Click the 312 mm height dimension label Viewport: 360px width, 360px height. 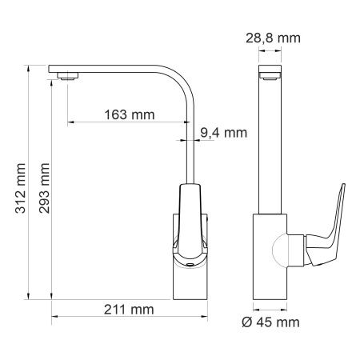[x=21, y=188]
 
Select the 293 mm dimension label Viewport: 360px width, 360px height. [x=44, y=188]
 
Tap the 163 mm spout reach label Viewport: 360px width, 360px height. [x=130, y=114]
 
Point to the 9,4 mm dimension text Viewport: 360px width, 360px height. [x=224, y=133]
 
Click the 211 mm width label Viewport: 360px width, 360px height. [x=129, y=310]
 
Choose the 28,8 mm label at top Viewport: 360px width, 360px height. [x=273, y=38]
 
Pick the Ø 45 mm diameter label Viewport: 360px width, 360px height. [x=270, y=322]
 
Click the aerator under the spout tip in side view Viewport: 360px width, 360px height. [x=67, y=76]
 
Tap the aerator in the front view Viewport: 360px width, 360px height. [x=270, y=77]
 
